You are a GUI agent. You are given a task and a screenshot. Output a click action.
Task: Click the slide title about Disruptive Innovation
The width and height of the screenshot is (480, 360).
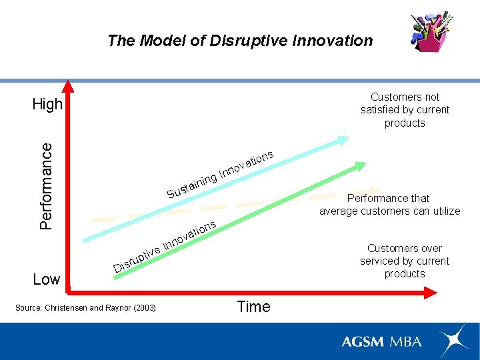tap(240, 41)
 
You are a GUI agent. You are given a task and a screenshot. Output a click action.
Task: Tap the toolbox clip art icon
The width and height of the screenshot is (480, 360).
tap(431, 32)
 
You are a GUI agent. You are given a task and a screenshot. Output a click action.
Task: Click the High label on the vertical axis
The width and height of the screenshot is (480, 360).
tap(47, 104)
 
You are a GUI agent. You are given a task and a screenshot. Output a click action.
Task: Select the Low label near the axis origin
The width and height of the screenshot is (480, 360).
tap(47, 279)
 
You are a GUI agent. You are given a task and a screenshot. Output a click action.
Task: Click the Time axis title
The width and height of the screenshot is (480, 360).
tap(253, 307)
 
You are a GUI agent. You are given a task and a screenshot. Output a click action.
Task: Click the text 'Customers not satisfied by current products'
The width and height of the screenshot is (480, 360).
tap(405, 110)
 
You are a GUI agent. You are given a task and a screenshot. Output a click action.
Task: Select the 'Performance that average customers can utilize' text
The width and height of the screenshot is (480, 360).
tap(389, 205)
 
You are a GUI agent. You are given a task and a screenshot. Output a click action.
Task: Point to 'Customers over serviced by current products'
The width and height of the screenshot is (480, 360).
tap(405, 261)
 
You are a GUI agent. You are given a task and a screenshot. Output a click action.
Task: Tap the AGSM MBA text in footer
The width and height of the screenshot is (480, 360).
tap(381, 341)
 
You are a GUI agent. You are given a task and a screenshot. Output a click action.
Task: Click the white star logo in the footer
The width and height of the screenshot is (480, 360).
tap(453, 341)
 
